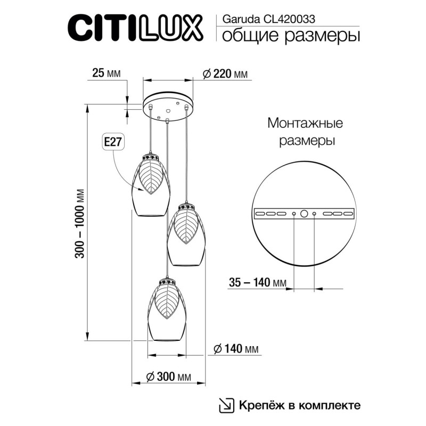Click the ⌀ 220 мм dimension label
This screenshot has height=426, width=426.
225,74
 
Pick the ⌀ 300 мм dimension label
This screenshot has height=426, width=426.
168,376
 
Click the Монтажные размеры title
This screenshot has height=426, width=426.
305,132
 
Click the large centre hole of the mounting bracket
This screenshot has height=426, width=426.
304,214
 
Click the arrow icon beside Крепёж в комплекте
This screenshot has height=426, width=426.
226,405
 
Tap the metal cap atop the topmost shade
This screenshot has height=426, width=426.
151,157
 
